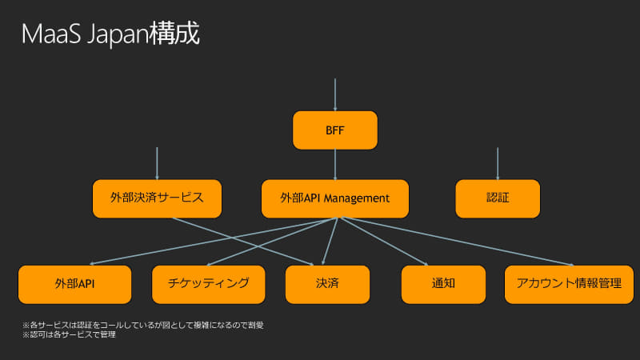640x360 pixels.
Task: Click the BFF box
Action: point(335,130)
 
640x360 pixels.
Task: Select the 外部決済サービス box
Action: point(157,198)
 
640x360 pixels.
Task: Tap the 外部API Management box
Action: point(335,198)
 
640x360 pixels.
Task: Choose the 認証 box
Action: point(498,198)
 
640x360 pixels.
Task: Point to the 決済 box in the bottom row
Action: point(328,283)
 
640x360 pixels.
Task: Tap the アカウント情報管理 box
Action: point(569,283)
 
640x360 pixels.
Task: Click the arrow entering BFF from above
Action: point(335,94)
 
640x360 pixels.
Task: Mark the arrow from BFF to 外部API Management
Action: point(335,164)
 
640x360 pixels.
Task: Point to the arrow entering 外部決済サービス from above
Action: point(157,163)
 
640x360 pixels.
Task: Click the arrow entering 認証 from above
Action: point(498,163)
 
